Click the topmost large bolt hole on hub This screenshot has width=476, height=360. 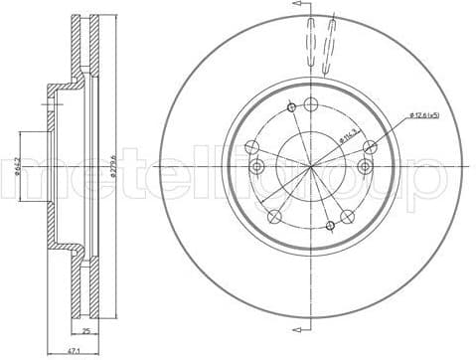click(311, 105)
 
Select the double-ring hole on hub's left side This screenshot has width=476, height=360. click(256, 166)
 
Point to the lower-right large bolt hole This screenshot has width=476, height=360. click(347, 216)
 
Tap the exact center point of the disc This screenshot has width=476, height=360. click(311, 165)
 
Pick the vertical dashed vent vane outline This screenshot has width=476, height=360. click(310, 45)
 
